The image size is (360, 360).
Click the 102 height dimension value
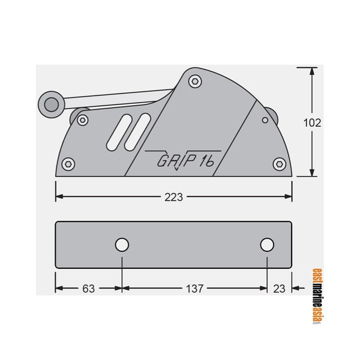(312, 122)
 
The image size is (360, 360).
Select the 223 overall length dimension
(174, 197)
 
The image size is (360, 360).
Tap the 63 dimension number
(88, 289)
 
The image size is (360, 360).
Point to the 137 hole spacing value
(194, 289)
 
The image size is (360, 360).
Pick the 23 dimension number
(279, 289)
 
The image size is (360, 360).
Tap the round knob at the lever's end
(51, 104)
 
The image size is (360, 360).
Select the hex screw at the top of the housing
(194, 80)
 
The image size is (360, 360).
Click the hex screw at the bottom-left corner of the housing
(69, 164)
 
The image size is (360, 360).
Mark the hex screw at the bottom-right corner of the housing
(279, 163)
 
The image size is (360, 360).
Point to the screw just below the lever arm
(83, 119)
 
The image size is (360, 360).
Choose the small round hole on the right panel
(265, 120)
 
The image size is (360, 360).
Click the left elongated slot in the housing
(119, 131)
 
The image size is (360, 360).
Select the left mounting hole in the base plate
(122, 245)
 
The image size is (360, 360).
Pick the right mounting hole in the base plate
(268, 245)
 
